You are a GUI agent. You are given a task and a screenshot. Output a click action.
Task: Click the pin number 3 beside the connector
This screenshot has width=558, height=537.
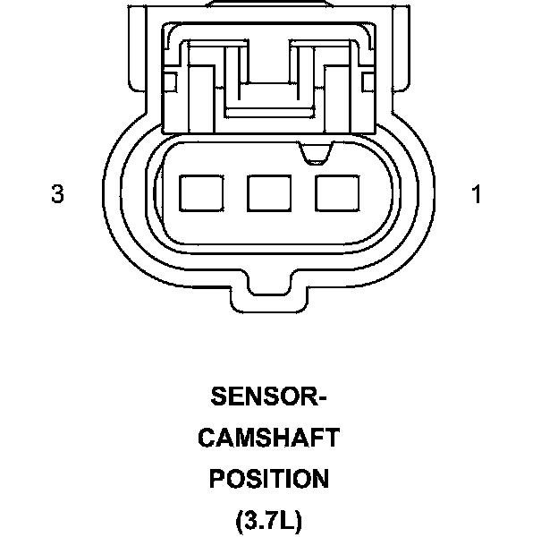click(58, 194)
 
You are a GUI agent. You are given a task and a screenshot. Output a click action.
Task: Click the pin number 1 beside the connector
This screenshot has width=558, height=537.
click(477, 194)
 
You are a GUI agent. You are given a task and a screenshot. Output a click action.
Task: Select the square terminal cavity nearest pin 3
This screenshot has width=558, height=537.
click(202, 192)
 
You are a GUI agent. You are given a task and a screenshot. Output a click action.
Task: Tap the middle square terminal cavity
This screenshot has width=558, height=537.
click(269, 192)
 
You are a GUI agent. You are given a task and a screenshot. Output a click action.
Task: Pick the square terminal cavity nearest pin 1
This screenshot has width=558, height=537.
click(336, 192)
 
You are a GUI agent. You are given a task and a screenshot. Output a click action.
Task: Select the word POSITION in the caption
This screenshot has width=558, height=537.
click(268, 479)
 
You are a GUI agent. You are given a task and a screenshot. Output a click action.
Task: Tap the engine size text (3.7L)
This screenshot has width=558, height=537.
click(268, 520)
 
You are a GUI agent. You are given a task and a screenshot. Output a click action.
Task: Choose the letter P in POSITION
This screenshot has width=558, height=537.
click(217, 479)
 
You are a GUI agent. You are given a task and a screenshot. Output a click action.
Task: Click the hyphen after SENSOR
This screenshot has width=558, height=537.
click(322, 396)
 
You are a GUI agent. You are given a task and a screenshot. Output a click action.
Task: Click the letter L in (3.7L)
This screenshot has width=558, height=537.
click(289, 520)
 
